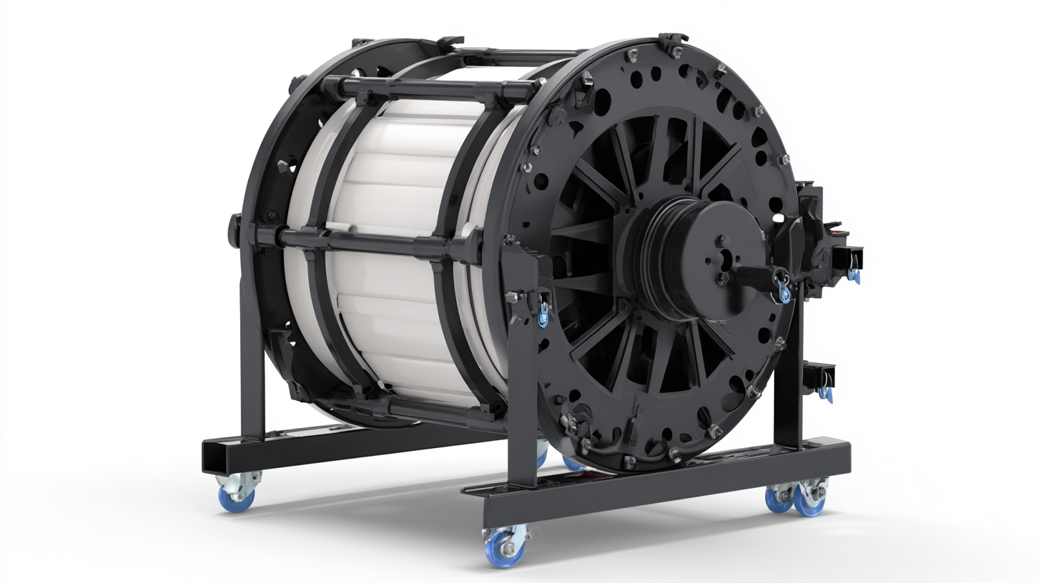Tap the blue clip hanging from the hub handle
(x=785, y=294)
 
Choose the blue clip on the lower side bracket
(x=827, y=392)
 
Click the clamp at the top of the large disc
(x=672, y=43)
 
